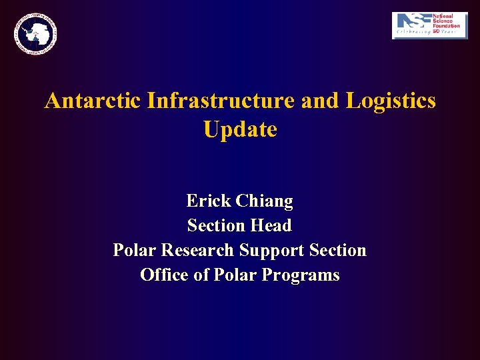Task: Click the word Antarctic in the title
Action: pos(93,101)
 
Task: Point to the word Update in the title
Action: pos(240,129)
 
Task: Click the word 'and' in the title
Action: pos(319,101)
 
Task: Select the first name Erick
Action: pos(208,201)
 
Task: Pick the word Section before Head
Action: pos(215,226)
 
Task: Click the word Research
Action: pos(199,251)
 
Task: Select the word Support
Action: pos(271,251)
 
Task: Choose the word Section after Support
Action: pos(337,251)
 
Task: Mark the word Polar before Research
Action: pos(135,251)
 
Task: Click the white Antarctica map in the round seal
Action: pos(34,33)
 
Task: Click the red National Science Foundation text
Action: pos(446,21)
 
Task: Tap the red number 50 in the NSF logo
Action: pos(437,31)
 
